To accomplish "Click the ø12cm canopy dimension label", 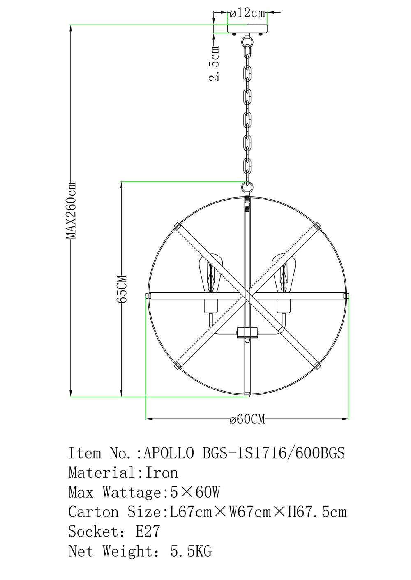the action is (248, 13).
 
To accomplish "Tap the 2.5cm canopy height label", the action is (215, 63).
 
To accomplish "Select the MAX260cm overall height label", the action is (71, 210).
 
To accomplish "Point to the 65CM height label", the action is (121, 289).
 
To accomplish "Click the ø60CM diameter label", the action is (247, 419).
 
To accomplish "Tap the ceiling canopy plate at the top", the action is (247, 29).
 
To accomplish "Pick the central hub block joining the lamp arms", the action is (247, 333).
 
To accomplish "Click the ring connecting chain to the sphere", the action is (247, 187).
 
